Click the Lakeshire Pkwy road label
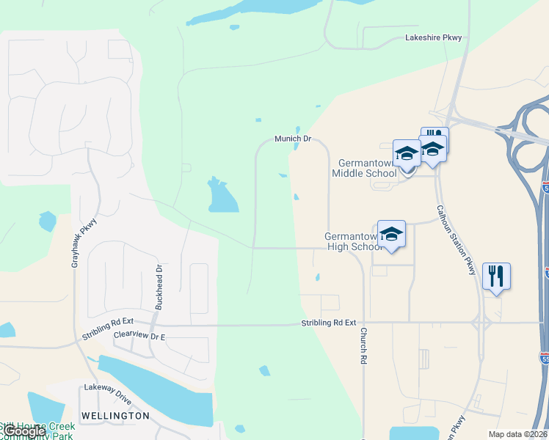pyautogui.click(x=434, y=37)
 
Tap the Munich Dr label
pyautogui.click(x=293, y=138)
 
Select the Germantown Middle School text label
pyautogui.click(x=365, y=168)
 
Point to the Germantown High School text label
pyautogui.click(x=352, y=242)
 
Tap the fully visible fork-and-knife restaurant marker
pyautogui.click(x=496, y=276)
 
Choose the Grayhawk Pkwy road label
pyautogui.click(x=84, y=241)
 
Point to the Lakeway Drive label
pyautogui.click(x=107, y=386)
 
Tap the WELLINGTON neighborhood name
pyautogui.click(x=115, y=416)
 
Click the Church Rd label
pyautogui.click(x=363, y=345)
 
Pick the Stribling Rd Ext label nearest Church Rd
pyautogui.click(x=328, y=323)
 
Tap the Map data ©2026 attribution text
pyautogui.click(x=517, y=434)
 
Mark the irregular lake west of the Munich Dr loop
pyautogui.click(x=222, y=196)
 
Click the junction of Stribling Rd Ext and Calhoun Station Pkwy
pyautogui.click(x=481, y=322)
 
